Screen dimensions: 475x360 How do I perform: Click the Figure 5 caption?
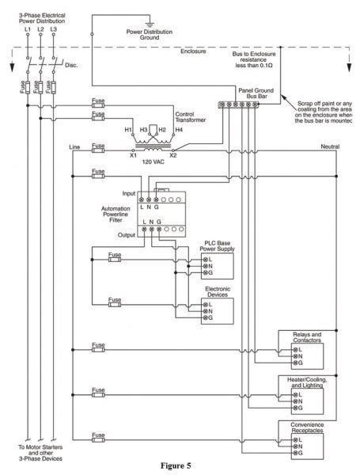point(179,466)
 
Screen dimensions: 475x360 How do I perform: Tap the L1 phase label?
point(28,29)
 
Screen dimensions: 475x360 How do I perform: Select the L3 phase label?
point(53,29)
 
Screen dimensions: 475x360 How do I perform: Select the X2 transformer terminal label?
point(174,156)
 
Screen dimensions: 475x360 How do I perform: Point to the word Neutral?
point(330,147)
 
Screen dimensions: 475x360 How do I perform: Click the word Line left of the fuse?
point(75,146)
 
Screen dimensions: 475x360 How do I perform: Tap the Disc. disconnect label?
point(70,66)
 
